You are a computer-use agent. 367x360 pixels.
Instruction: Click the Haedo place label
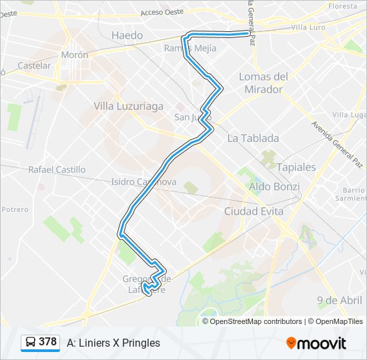pos(127,35)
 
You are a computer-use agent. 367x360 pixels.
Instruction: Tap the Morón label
pos(74,55)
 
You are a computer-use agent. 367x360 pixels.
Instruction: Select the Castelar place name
pos(34,65)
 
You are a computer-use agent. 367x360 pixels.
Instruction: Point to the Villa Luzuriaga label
pos(129,106)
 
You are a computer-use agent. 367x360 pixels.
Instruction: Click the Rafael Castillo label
pos(57,170)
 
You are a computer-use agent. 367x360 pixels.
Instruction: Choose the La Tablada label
pos(253,138)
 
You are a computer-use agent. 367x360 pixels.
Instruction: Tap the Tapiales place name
pos(296,167)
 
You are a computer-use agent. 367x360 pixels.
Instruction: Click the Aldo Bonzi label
pos(274,187)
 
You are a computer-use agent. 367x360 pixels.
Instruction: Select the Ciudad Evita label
pos(254,211)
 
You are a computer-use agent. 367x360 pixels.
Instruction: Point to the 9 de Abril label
pos(340,300)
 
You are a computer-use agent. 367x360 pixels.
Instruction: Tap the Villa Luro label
pos(308,27)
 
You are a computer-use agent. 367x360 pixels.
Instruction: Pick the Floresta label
pos(343,6)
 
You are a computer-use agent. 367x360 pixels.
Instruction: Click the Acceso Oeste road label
pos(161,12)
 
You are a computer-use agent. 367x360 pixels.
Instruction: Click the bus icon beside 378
pos(31,343)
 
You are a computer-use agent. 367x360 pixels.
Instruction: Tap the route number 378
pos(48,342)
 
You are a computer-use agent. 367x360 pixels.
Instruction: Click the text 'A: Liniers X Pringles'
pos(113,343)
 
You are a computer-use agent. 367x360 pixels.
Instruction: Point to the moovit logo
pos(316,343)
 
